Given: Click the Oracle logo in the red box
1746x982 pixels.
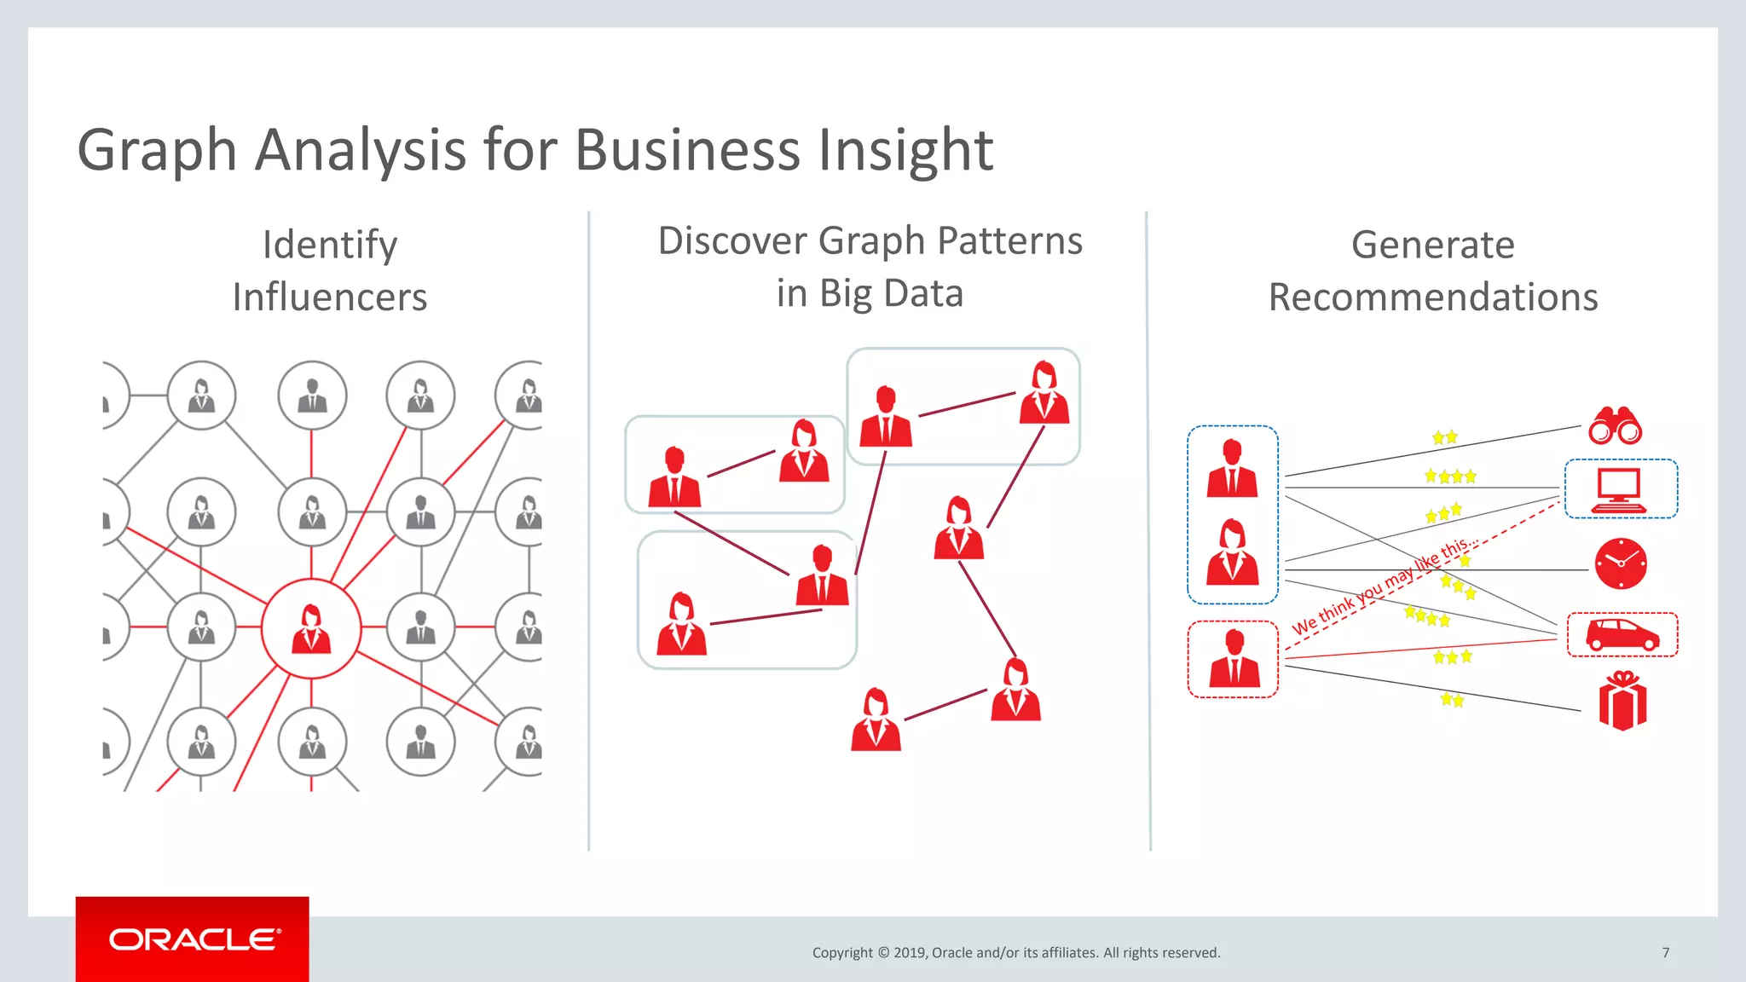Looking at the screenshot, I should tap(193, 939).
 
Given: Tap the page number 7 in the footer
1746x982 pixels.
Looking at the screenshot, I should tap(1665, 952).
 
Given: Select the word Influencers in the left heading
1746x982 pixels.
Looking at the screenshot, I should tap(330, 297).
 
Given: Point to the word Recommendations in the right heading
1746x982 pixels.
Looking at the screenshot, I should tap(1432, 297).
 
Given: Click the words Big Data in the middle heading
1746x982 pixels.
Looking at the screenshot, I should tap(891, 293).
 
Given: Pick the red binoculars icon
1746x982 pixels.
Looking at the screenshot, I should tap(1615, 425).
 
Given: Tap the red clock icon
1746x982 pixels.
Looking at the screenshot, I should tap(1621, 563).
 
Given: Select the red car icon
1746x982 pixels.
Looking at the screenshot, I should tap(1622, 635).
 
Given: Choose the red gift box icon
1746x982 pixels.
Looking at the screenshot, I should tap(1622, 702).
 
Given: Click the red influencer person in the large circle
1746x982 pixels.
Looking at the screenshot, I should tap(311, 629).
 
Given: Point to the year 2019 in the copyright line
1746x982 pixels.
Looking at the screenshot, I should tap(910, 952).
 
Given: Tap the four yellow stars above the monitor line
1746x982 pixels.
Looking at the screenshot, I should tap(1450, 477).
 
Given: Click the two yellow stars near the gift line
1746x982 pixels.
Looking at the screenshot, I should tap(1452, 700).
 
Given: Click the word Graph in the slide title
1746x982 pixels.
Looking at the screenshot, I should tap(157, 149).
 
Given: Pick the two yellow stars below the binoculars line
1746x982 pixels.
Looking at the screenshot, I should tap(1444, 437).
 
